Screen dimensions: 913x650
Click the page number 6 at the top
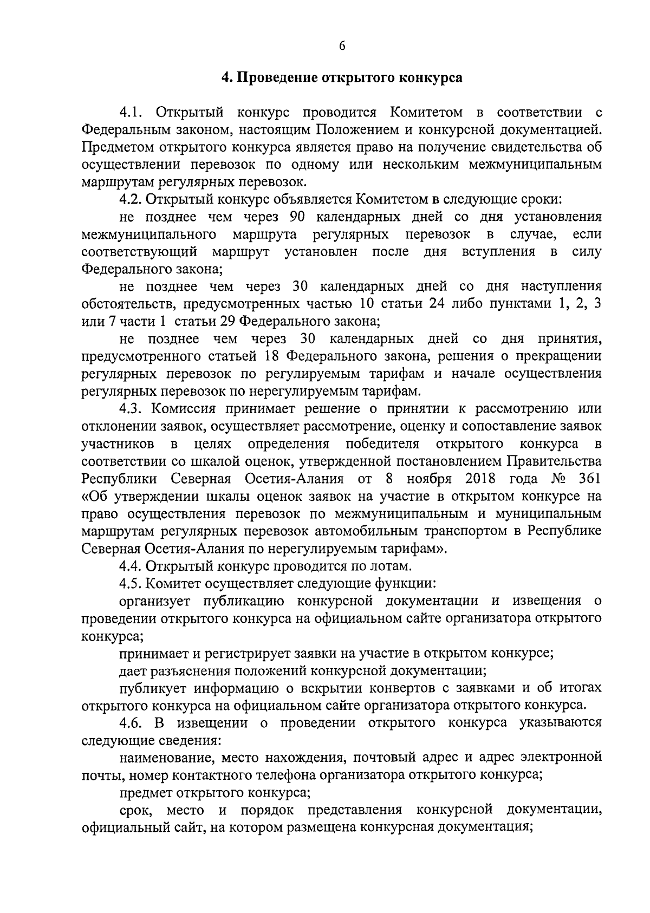342,45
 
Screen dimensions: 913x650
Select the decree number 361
589,479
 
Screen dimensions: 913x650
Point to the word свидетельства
530,147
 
